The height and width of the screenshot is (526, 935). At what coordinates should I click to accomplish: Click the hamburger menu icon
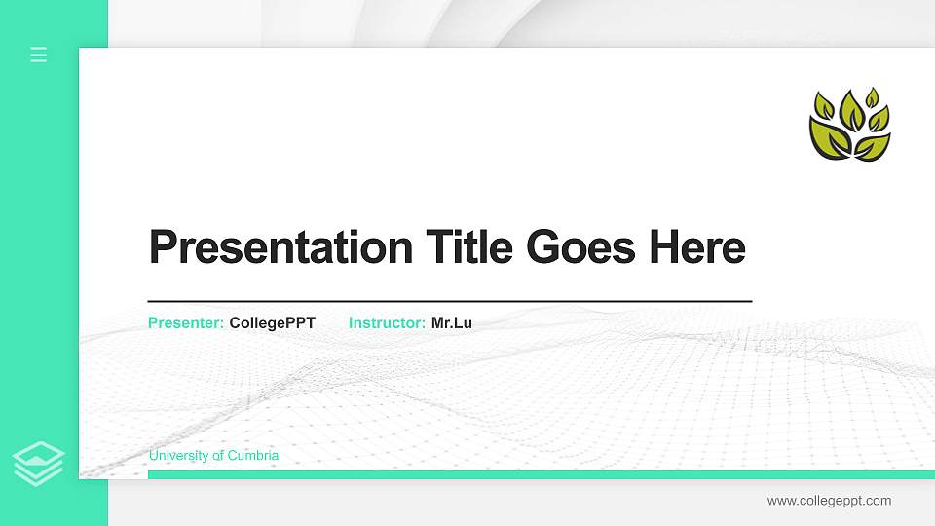pos(39,55)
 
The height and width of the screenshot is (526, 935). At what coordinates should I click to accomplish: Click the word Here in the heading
pos(697,247)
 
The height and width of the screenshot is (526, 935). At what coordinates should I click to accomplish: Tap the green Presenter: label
pos(186,322)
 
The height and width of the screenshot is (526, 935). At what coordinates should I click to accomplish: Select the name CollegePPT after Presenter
pos(273,322)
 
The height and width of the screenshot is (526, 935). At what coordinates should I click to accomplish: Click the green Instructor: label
pos(387,322)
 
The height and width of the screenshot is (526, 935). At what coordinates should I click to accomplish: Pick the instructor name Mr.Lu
pos(452,322)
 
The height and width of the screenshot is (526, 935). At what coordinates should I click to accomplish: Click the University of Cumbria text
pos(213,456)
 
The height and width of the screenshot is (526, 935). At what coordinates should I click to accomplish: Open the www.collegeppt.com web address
pos(829,501)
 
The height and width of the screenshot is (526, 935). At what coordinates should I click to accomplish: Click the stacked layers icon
pos(39,463)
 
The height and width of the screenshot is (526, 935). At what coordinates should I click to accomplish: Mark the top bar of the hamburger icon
pos(39,48)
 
